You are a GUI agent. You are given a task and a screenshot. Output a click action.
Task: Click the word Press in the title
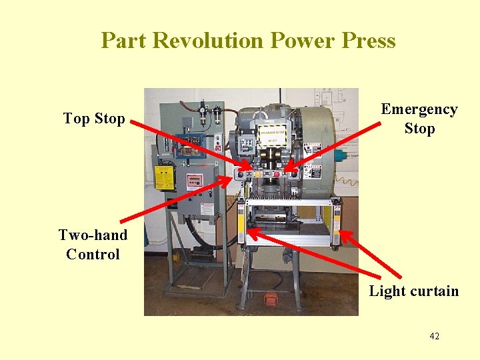coord(368,41)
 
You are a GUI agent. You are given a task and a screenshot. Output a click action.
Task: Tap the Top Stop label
coord(94,119)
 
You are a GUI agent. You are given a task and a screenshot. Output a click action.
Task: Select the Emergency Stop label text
coord(419,119)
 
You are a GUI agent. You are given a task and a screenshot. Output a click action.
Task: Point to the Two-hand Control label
coord(93,244)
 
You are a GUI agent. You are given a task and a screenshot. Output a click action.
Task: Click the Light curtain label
coord(414,291)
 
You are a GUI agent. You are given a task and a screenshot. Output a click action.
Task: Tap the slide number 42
coord(434,336)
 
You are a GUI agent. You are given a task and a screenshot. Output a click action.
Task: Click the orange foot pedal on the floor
coord(271,299)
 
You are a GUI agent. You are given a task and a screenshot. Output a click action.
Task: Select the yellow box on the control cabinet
coord(164,177)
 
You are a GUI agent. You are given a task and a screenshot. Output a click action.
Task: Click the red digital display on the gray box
coord(194,180)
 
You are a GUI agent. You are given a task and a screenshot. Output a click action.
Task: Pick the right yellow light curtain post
coord(331,220)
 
